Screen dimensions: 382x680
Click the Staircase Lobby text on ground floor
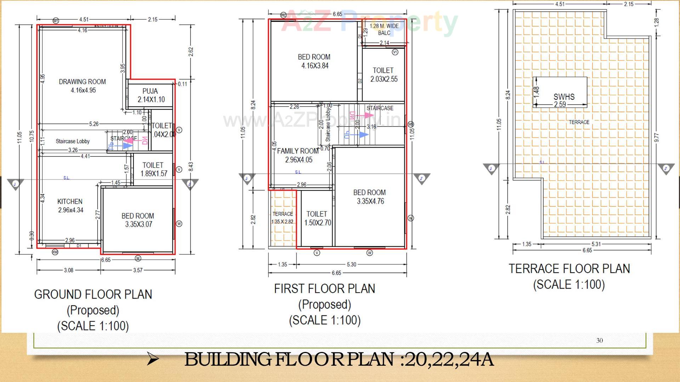click(x=73, y=141)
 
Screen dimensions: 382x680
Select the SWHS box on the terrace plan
click(x=560, y=92)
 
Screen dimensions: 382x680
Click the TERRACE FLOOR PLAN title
click(x=569, y=268)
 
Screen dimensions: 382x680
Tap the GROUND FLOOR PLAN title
click(x=93, y=294)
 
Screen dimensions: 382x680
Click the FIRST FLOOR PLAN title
click(x=325, y=289)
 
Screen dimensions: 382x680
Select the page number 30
click(x=599, y=340)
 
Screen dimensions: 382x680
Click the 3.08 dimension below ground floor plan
click(x=68, y=270)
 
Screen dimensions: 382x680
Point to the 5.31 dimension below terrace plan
click(x=596, y=244)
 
